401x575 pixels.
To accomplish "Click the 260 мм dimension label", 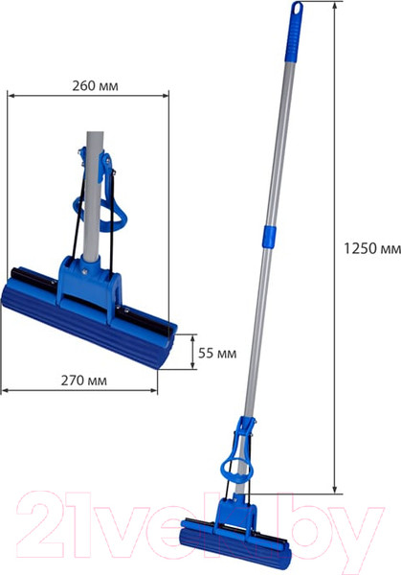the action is (95, 86).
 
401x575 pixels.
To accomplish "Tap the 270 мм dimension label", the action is (84, 380).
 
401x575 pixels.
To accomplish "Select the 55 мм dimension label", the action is (217, 353).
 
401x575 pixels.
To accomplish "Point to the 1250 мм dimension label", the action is (372, 248).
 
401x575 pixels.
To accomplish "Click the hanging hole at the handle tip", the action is (297, 9).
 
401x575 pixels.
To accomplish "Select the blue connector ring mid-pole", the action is (268, 237).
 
